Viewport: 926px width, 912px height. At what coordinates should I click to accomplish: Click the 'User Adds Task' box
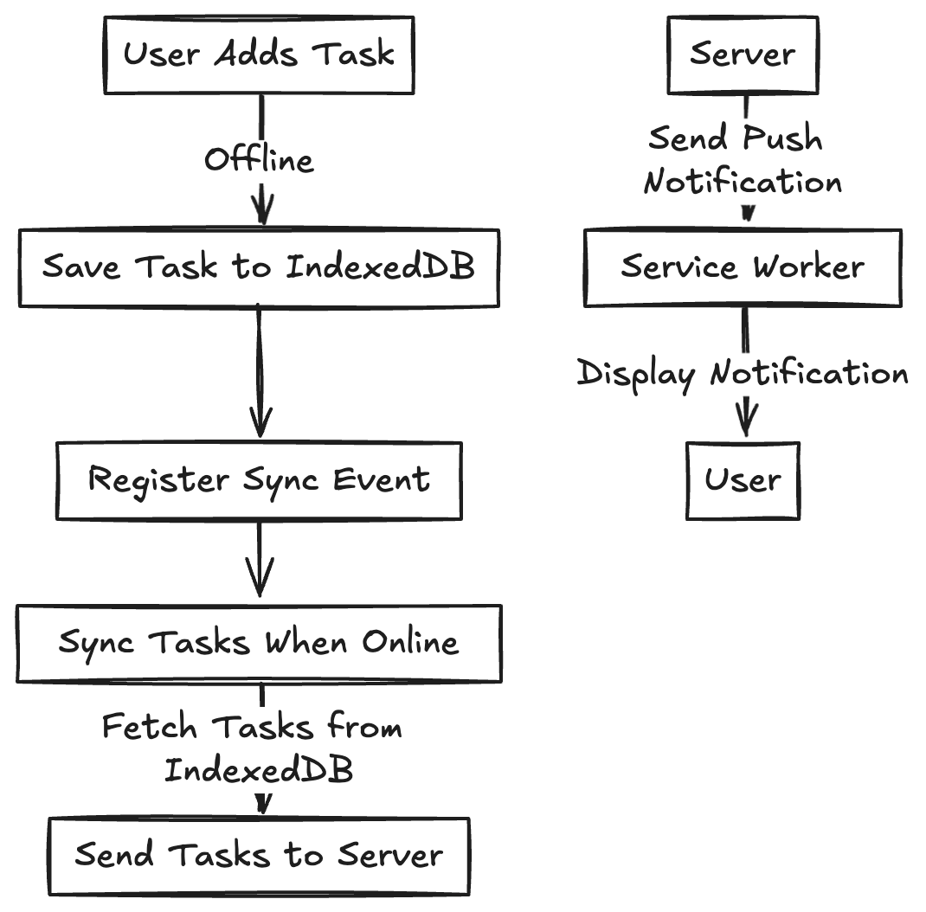coord(259,55)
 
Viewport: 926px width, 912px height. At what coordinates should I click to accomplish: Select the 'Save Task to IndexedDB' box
coord(259,267)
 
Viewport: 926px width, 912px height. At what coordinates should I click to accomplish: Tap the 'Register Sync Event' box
coord(259,480)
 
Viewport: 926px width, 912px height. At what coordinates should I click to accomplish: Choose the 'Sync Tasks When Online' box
coord(259,643)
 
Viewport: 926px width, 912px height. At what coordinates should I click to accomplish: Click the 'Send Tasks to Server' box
coord(259,856)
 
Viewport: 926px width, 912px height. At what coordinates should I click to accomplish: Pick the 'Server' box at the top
coord(743,55)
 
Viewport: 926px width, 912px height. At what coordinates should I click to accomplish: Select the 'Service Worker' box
coord(743,267)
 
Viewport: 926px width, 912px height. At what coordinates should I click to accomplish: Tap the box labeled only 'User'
coord(743,480)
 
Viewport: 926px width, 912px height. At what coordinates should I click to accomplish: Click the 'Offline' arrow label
coord(259,160)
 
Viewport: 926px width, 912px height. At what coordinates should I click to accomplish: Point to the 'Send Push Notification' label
coord(743,160)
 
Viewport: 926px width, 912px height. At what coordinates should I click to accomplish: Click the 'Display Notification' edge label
coord(743,374)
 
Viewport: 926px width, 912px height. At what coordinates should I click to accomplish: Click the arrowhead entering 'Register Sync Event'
coord(260,424)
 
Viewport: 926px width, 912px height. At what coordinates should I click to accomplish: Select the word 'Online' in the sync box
coord(410,643)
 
